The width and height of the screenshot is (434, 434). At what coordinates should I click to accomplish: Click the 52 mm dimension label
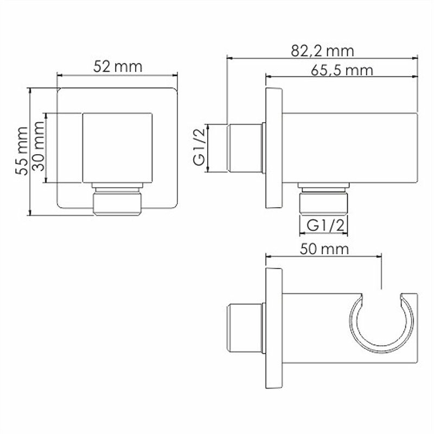tap(118, 66)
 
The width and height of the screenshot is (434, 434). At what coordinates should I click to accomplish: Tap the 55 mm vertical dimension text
tap(22, 151)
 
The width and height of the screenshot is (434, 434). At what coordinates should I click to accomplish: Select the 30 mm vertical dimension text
tap(38, 146)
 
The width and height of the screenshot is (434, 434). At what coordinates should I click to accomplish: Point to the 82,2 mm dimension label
tap(322, 51)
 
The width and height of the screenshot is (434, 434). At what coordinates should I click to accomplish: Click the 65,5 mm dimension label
tap(342, 71)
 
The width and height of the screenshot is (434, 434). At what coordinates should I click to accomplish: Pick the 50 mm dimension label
tap(324, 249)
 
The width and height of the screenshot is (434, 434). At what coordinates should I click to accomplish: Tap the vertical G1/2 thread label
tap(200, 148)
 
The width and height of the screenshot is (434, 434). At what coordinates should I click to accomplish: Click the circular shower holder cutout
tap(382, 324)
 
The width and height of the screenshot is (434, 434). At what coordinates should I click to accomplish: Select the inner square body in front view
tap(117, 148)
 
